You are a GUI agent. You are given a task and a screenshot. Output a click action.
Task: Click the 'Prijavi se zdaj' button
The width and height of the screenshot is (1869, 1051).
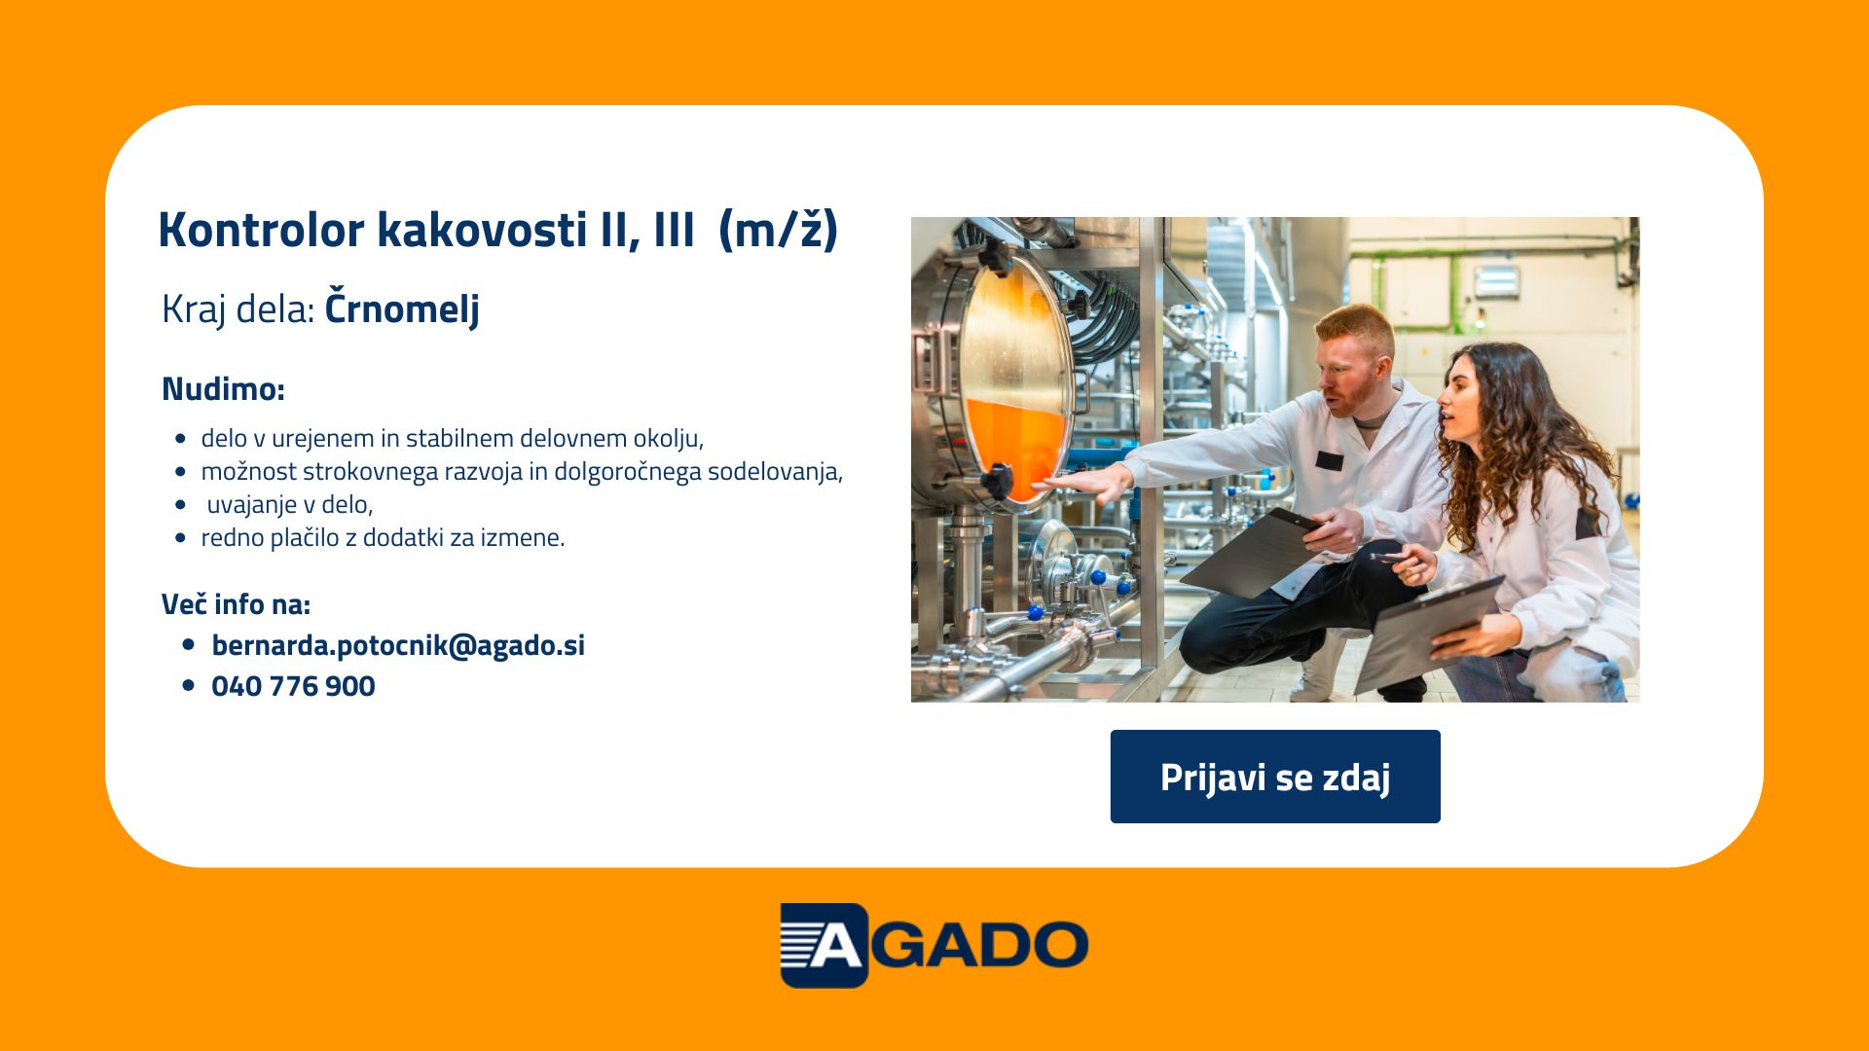point(1275,777)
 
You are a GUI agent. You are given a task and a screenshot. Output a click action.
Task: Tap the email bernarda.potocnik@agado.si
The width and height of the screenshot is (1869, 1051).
point(398,645)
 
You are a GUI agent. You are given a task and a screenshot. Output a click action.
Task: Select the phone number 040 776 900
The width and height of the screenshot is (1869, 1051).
point(293,686)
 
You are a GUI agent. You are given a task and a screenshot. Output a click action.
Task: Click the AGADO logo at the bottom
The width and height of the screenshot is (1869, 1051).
point(934,945)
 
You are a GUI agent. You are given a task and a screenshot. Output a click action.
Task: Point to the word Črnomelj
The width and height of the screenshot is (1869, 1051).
point(402,308)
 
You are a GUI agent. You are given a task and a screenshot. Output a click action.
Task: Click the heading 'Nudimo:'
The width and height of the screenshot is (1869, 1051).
point(223,388)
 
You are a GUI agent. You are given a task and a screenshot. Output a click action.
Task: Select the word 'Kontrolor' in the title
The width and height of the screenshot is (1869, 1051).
point(261,230)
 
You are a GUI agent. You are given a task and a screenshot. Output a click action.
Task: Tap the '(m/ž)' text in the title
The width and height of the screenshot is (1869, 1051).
point(778,231)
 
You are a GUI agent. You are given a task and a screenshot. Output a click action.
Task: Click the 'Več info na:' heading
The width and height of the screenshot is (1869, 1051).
point(236,604)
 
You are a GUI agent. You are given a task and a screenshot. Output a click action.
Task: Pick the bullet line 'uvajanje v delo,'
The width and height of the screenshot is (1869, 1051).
point(290,504)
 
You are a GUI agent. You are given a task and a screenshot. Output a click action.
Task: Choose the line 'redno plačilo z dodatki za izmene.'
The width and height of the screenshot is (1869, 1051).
point(383,537)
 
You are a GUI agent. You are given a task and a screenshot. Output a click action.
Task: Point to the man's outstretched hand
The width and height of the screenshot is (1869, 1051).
point(1085,483)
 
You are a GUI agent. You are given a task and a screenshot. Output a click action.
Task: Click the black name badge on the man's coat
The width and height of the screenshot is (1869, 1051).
point(1329,461)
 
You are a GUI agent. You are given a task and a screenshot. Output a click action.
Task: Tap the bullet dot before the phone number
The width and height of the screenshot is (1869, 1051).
point(188,686)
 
